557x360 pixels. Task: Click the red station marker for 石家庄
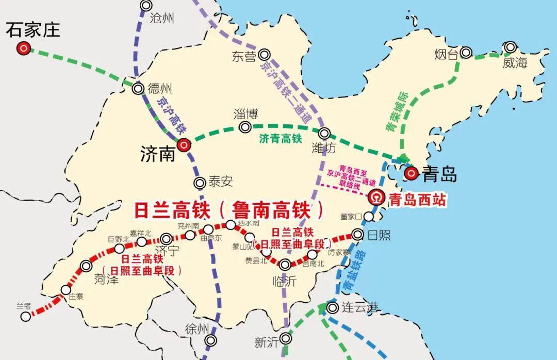tap(23, 49)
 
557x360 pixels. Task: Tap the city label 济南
tap(158, 153)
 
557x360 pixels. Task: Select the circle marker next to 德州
tap(138, 88)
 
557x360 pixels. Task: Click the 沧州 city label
tap(162, 19)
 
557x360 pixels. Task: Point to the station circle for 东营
tap(265, 54)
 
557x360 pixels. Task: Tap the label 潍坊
tap(324, 149)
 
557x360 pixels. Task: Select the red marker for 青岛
tap(411, 173)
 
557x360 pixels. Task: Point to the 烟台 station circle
tap(466, 52)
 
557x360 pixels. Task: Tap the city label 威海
tap(515, 63)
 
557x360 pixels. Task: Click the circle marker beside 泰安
tap(200, 182)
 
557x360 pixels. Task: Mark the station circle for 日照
tap(358, 235)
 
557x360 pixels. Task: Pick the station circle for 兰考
tap(26, 316)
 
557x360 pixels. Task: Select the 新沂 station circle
tap(285, 338)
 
